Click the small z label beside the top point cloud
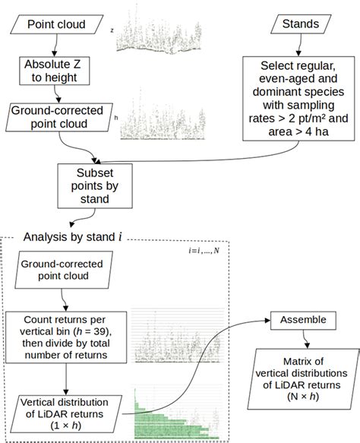coord(112,30)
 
